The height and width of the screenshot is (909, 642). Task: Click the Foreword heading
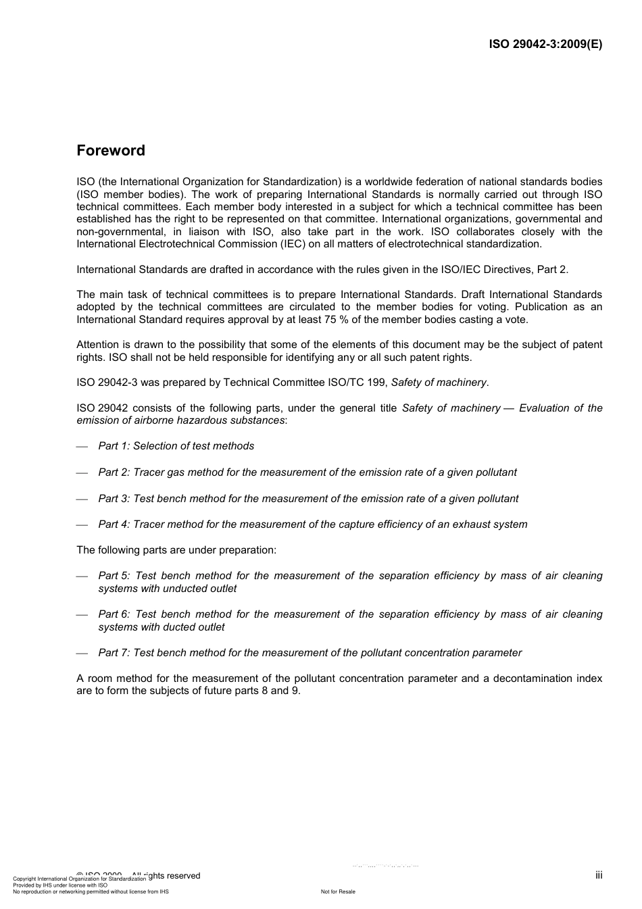(111, 151)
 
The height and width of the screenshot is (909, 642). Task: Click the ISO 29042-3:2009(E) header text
(545, 45)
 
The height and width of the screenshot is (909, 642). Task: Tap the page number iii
(599, 875)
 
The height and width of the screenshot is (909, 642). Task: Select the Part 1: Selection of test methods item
(176, 446)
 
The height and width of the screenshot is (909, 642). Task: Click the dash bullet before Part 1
(82, 447)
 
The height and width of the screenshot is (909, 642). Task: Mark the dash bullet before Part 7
(82, 654)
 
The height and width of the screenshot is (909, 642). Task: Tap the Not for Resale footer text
(338, 891)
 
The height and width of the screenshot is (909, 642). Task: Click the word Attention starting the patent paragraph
(98, 345)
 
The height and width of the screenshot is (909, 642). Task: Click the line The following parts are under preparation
(176, 550)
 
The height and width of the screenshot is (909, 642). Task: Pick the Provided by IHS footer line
(60, 885)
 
